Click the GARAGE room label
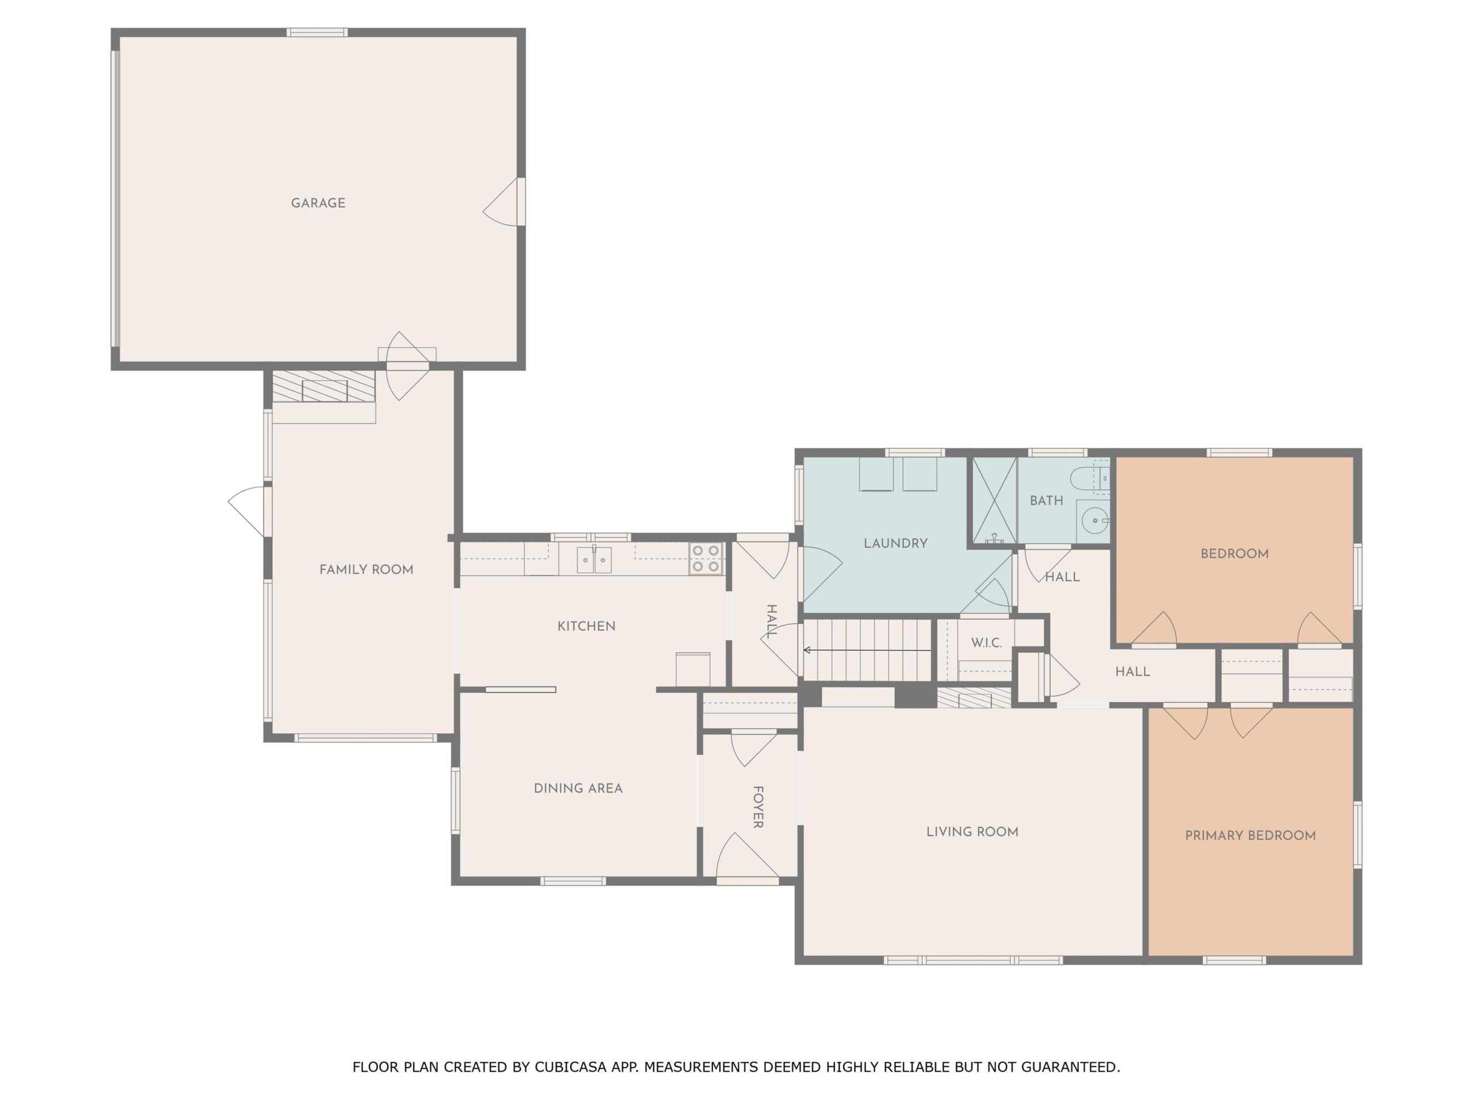[x=318, y=203]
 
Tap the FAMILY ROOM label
[x=367, y=570]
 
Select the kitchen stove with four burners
[x=706, y=558]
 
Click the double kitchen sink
[x=594, y=559]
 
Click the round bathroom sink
[x=1093, y=520]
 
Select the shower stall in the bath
[x=994, y=500]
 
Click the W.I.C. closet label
[x=986, y=643]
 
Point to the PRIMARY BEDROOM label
[x=1250, y=836]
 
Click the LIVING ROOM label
[x=972, y=832]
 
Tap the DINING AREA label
[x=578, y=788]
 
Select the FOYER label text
[x=758, y=807]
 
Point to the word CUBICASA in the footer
[x=571, y=1066]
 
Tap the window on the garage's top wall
[x=317, y=32]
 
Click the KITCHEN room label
[x=586, y=626]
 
